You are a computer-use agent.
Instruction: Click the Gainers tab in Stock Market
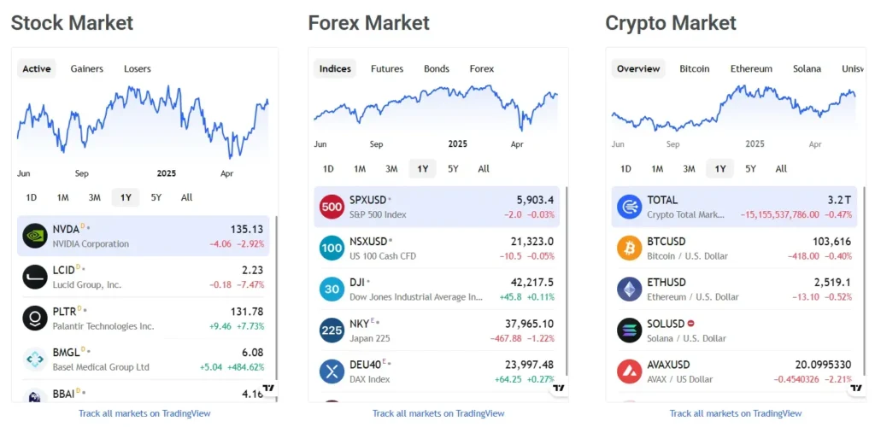coord(87,68)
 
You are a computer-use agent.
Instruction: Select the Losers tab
coord(137,68)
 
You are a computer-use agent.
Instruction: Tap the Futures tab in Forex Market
coord(387,68)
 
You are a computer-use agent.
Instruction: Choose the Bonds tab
coord(437,68)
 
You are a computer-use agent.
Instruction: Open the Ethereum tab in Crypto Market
coord(751,68)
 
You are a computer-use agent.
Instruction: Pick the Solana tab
coord(807,68)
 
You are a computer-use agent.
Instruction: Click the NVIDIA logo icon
coord(35,236)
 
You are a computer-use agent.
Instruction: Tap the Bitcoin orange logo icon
coord(630,248)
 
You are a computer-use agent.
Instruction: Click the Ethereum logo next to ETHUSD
coord(630,290)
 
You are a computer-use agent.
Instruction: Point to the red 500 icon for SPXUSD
coord(332,207)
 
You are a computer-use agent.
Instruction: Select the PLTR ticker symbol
coord(65,311)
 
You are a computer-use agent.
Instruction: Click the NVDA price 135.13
coord(247,229)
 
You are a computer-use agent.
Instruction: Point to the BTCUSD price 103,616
coord(832,242)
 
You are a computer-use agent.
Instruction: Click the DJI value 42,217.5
coord(531,283)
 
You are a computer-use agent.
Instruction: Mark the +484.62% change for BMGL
coord(244,367)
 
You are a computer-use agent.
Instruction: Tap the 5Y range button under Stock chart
coord(156,197)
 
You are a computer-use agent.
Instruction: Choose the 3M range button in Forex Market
coord(391,168)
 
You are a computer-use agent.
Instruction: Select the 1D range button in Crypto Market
coord(625,168)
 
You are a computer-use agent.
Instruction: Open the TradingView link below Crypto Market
coord(736,413)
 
